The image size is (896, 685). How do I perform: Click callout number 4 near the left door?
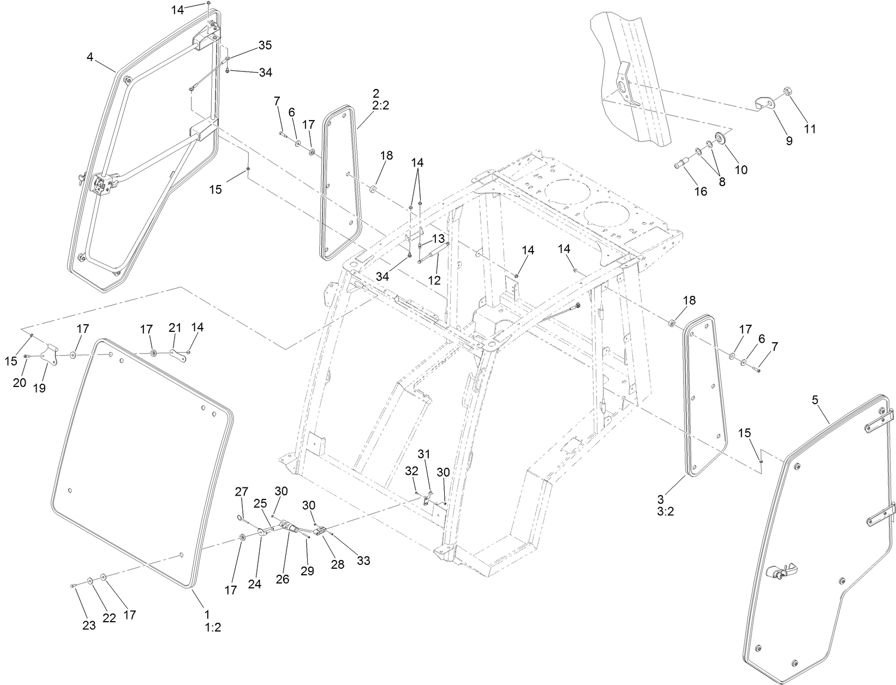click(90, 56)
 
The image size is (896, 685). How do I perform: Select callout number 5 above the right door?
click(815, 400)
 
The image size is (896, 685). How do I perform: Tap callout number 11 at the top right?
click(810, 129)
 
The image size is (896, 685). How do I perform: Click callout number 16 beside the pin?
click(700, 191)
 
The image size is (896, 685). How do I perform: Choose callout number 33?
click(363, 561)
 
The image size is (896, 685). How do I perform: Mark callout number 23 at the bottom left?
click(89, 626)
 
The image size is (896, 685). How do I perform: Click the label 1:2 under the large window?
click(213, 628)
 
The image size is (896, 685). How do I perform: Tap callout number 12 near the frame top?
click(434, 281)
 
